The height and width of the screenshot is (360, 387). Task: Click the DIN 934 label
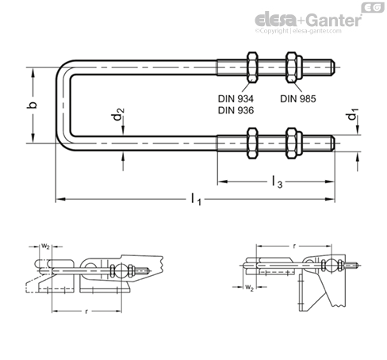tap(236, 99)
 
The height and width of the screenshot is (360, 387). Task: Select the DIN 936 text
tap(236, 110)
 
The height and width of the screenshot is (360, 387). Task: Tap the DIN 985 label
tap(298, 99)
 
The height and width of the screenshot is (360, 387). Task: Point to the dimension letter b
tap(33, 105)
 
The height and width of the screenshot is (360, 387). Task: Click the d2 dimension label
tap(118, 114)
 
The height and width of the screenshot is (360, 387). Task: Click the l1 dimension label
tap(196, 199)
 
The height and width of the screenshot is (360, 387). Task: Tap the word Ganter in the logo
tap(335, 21)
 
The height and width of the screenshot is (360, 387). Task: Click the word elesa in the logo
tap(275, 20)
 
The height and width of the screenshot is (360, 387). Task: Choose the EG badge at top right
tap(373, 7)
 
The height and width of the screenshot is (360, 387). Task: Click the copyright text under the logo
tap(298, 31)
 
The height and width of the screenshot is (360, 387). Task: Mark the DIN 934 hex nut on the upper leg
tap(252, 67)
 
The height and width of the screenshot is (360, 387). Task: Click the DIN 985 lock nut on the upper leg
tap(293, 67)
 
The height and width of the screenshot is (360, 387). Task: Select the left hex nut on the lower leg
tap(252, 144)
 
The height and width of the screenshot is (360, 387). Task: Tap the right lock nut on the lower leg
tap(293, 144)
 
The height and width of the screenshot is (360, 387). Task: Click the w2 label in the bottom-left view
tap(45, 247)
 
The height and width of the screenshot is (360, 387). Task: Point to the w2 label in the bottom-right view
tap(249, 287)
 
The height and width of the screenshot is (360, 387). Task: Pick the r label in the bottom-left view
tap(86, 312)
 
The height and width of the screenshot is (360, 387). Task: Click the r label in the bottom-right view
tap(295, 246)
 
